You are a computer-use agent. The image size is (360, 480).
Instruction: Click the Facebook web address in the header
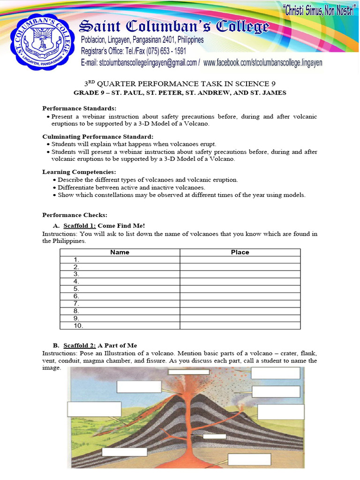pos(262,62)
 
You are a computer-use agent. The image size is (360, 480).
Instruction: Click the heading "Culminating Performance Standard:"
pos(88,136)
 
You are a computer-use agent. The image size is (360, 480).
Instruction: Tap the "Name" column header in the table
pos(120,252)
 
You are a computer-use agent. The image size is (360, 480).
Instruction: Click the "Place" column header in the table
pos(240,252)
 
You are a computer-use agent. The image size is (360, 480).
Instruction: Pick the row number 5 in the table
pos(76,289)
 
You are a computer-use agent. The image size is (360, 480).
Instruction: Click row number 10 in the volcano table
pos(78,325)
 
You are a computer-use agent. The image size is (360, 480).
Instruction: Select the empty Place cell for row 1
pos(240,260)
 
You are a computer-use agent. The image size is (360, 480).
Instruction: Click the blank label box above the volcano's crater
pos(188,372)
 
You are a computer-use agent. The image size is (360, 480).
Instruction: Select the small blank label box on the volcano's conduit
pos(214,436)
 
